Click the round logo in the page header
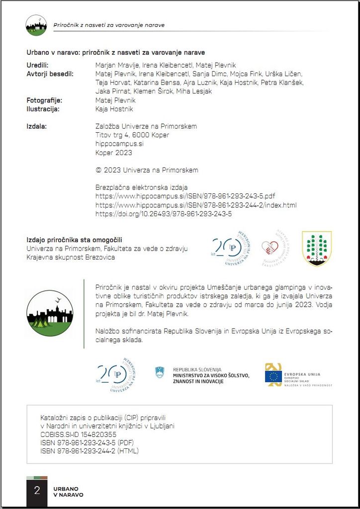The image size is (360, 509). tap(36, 25)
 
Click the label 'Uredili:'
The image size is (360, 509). tap(37, 65)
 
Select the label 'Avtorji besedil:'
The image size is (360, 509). tap(50, 74)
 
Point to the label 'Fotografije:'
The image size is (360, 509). tap(44, 100)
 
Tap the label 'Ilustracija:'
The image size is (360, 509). tap(43, 109)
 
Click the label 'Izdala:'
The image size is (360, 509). tap(36, 126)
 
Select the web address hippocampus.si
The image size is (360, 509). tap(119, 144)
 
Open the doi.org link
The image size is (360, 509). tap(164, 214)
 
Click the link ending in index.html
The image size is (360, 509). tap(196, 205)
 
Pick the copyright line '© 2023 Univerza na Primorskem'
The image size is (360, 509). tap(146, 170)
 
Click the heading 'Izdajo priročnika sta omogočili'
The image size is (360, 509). tap(74, 240)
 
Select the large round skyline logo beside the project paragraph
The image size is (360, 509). tap(50, 314)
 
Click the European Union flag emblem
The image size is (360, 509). tap(273, 376)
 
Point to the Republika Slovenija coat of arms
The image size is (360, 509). tap(160, 372)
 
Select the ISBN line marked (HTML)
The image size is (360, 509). tap(90, 451)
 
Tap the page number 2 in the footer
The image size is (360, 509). tap(37, 491)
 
